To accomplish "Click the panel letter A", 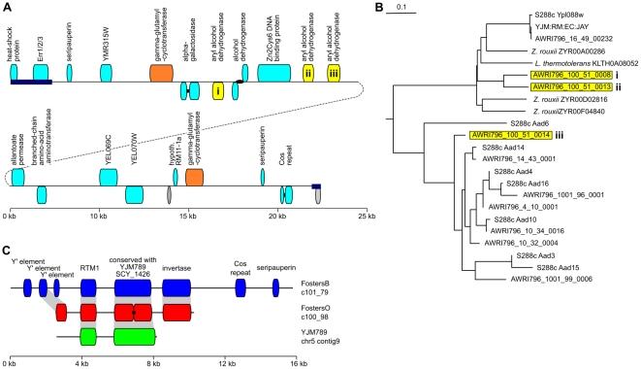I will (x=8, y=8).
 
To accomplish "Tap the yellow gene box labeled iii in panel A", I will (x=334, y=71).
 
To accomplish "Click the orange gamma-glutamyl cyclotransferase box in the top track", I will (x=161, y=71).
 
